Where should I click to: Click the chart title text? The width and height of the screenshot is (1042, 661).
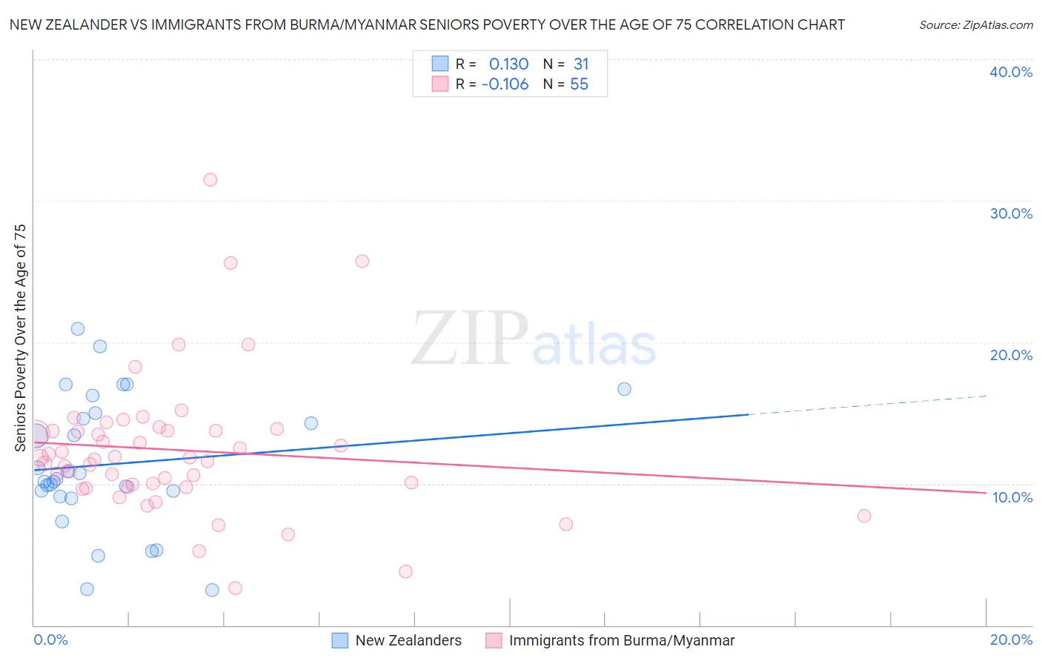coord(427,25)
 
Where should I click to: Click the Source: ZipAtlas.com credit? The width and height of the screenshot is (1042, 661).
coord(975,25)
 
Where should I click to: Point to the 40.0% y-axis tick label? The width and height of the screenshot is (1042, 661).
coord(1011,72)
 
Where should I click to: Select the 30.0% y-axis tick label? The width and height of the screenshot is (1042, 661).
coord(1011,213)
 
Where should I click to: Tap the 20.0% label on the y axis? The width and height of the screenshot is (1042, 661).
coord(1011,355)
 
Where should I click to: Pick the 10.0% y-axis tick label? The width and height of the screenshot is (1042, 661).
coord(1012,497)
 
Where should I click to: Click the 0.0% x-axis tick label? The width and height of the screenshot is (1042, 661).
coord(50,640)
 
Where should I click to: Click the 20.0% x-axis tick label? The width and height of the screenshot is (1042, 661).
coord(1011,640)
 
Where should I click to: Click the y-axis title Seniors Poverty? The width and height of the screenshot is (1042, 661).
coord(20,338)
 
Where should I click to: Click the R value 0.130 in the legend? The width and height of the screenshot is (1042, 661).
coord(508,64)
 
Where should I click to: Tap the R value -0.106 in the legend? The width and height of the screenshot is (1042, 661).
coord(505,84)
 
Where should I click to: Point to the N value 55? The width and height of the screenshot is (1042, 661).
coord(579,84)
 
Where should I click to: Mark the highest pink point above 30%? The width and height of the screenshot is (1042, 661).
coord(210,179)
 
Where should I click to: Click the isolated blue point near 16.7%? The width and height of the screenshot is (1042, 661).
coord(624,389)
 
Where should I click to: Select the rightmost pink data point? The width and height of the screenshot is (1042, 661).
coord(864,516)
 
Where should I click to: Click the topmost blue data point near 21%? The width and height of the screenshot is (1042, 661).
coord(78,329)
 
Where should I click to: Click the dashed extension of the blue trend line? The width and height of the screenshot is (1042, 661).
coord(867,405)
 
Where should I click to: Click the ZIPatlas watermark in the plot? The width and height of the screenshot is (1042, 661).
coord(534,339)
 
